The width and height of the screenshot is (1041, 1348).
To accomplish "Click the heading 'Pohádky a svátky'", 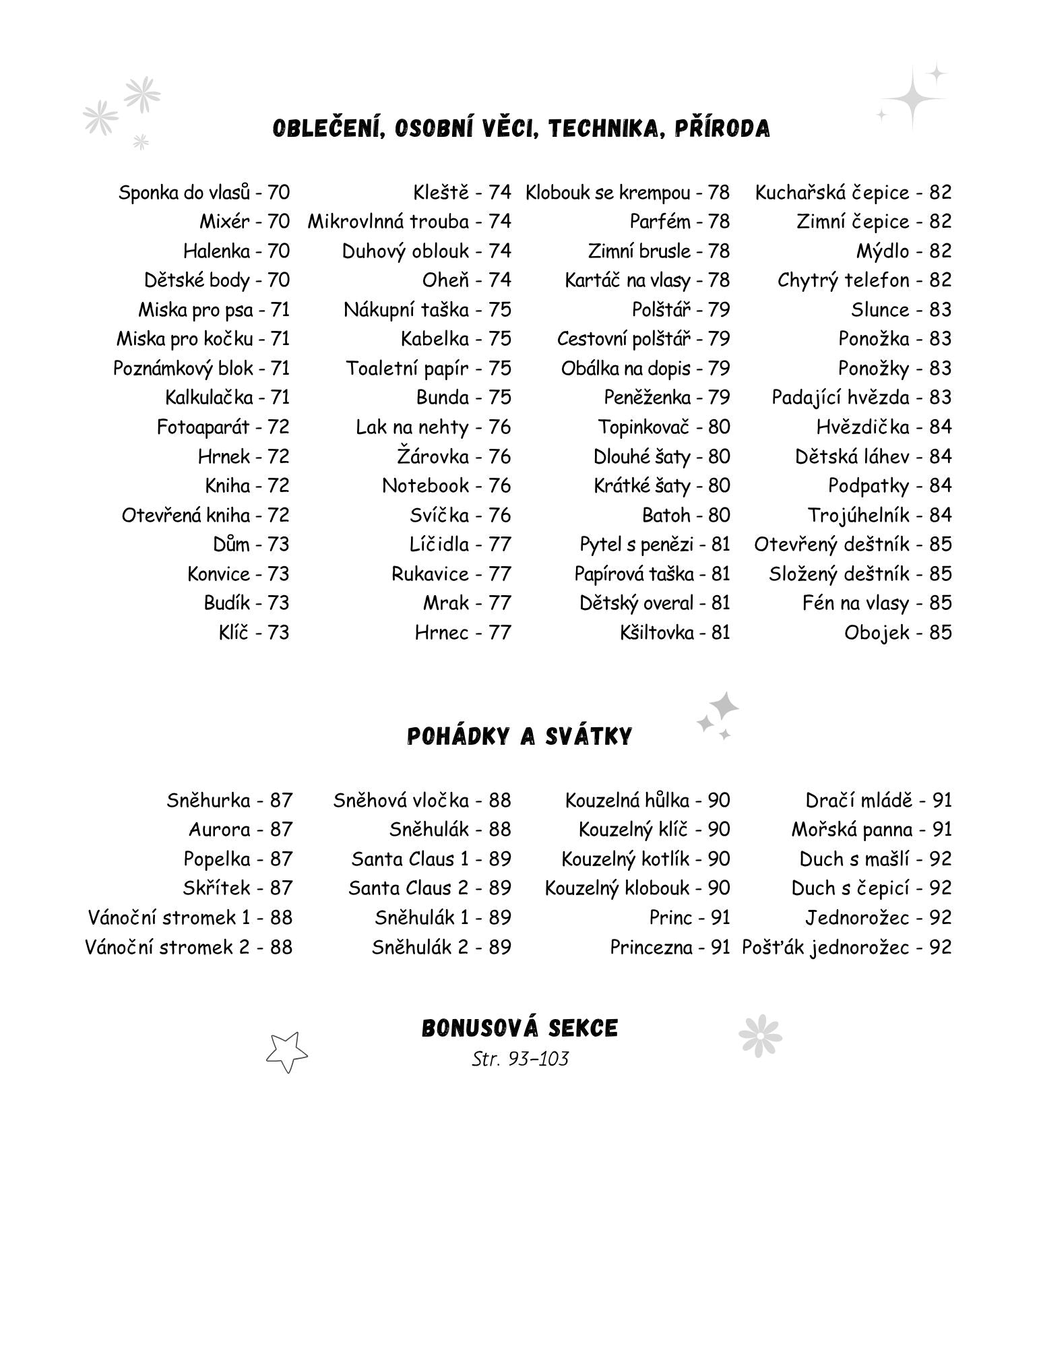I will coord(519,737).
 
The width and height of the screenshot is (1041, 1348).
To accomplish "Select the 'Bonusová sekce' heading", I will coord(519,1029).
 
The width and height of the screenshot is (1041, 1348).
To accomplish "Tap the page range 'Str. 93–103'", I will coord(519,1059).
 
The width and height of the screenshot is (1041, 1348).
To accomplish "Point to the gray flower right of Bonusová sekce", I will coord(759,1035).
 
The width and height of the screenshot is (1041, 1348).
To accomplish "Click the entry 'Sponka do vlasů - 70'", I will coord(204,193).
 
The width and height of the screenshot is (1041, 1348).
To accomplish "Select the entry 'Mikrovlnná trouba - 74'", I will coord(410,222).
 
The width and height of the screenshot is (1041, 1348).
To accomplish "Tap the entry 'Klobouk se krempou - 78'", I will coord(627,193).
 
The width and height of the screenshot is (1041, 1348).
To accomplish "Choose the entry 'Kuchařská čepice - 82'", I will coord(853,193).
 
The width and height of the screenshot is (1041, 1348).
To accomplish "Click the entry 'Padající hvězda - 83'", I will coord(861,398).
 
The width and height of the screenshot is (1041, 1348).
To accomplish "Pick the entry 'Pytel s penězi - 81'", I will coord(655,544).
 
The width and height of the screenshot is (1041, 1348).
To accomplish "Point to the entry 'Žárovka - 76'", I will coord(454,456).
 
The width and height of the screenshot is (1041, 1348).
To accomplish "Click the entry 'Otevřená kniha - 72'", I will coord(206,515).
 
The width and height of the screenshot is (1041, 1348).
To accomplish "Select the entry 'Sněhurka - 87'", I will coord(230,800).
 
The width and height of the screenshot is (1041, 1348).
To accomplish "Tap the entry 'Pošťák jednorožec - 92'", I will coord(847,947).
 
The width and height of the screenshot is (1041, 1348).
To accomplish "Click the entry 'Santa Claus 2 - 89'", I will coord(430,888).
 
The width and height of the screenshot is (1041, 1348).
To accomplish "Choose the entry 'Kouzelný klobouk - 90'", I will coord(637,888).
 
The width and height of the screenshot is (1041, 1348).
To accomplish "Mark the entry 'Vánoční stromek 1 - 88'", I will coord(190,917).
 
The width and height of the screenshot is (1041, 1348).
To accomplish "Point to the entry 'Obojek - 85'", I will coord(897,632).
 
